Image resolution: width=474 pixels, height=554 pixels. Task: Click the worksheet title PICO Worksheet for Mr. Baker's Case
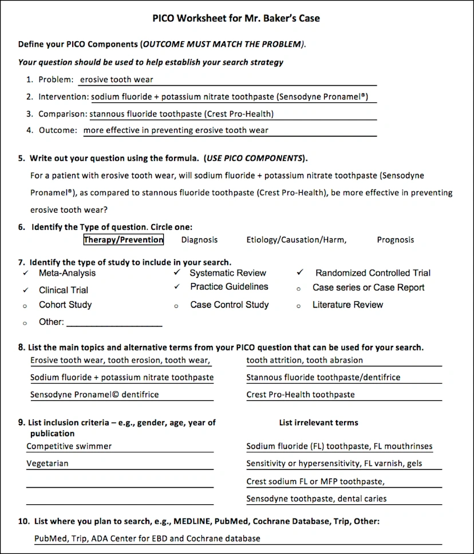click(x=236, y=18)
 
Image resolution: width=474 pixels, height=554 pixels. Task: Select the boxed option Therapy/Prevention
click(x=124, y=240)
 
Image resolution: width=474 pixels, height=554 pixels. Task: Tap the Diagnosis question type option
click(x=199, y=240)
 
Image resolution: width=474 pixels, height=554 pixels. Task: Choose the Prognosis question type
click(x=395, y=240)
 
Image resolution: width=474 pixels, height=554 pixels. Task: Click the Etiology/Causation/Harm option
click(x=296, y=240)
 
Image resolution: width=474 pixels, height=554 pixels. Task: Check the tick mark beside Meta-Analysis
click(x=25, y=273)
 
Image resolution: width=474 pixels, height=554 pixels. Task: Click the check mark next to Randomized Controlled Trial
click(x=300, y=273)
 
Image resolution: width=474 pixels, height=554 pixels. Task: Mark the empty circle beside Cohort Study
click(x=25, y=306)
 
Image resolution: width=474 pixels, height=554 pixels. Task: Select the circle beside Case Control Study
click(x=176, y=306)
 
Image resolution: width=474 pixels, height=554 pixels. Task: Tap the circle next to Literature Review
click(x=299, y=306)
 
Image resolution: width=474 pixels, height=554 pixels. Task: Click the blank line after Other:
click(x=114, y=323)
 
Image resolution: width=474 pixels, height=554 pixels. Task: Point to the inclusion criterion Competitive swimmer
click(x=69, y=447)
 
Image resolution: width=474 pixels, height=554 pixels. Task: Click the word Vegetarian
click(x=48, y=464)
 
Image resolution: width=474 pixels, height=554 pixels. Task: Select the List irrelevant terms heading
click(x=318, y=423)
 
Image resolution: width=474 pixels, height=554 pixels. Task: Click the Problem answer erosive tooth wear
click(x=117, y=79)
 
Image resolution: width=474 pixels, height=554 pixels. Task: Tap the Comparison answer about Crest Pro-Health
click(x=181, y=114)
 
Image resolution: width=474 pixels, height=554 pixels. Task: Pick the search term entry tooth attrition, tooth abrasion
click(x=305, y=360)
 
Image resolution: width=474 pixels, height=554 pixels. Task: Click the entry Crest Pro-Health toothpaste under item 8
click(x=301, y=394)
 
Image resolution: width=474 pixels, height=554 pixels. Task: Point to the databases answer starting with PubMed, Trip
click(x=147, y=539)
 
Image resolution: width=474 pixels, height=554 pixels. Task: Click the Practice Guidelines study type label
click(x=229, y=287)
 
